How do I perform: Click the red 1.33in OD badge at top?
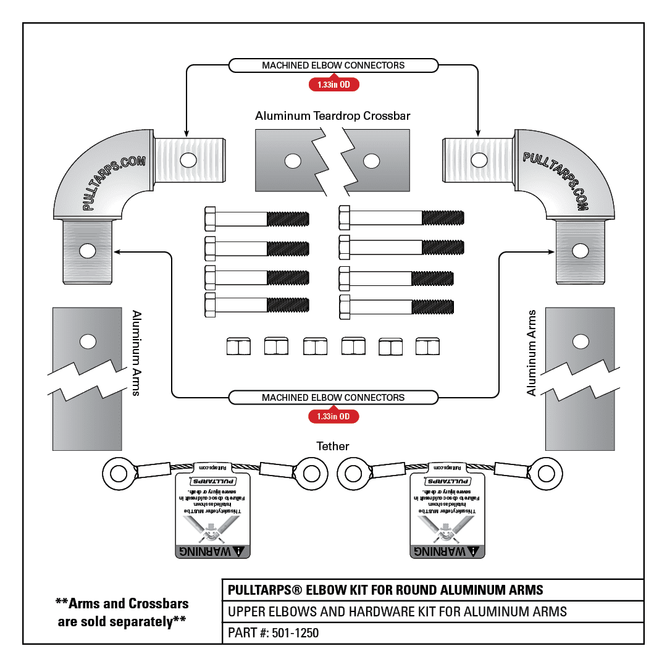pyautogui.click(x=333, y=85)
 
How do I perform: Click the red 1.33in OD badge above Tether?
pyautogui.click(x=333, y=417)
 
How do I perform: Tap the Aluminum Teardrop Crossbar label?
pyautogui.click(x=333, y=116)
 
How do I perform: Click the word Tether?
pyautogui.click(x=333, y=446)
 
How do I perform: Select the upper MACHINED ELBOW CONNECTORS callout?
pyautogui.click(x=333, y=65)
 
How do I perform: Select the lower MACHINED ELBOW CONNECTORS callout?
pyautogui.click(x=333, y=397)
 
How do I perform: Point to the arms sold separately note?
pyautogui.click(x=122, y=612)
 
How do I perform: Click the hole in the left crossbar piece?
pyautogui.click(x=292, y=161)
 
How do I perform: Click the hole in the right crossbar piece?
pyautogui.click(x=371, y=161)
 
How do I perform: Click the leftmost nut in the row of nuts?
pyautogui.click(x=238, y=346)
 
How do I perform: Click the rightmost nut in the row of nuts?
pyautogui.click(x=427, y=346)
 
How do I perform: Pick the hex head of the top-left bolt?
pyautogui.click(x=210, y=219)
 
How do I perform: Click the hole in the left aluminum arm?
pyautogui.click(x=88, y=341)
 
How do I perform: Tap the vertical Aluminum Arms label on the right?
pyautogui.click(x=532, y=353)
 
